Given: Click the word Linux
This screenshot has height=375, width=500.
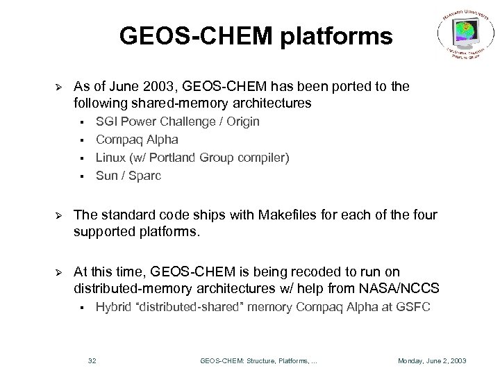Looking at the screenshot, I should [x=110, y=158].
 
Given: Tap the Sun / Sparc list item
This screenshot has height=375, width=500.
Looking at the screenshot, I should [x=128, y=176].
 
